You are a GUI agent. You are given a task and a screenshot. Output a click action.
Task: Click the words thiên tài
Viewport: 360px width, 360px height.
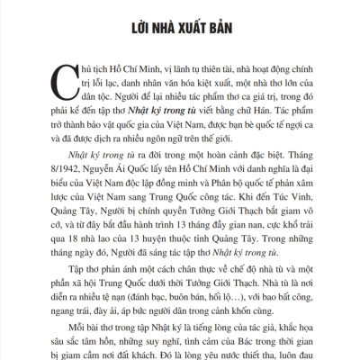pyautogui.click(x=193, y=67)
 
